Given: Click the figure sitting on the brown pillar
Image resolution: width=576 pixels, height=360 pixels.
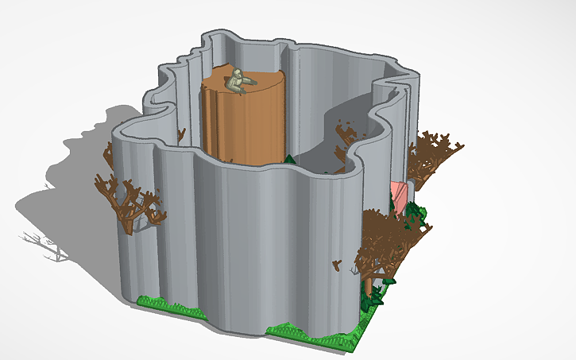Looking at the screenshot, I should pyautogui.click(x=238, y=81).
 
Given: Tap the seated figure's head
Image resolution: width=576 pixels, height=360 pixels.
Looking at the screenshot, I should pyautogui.click(x=237, y=73).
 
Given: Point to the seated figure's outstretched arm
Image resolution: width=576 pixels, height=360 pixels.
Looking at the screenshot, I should pyautogui.click(x=249, y=80).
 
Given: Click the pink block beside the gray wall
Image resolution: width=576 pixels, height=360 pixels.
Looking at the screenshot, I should pyautogui.click(x=398, y=195).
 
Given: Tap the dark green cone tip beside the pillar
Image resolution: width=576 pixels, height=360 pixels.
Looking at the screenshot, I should pyautogui.click(x=290, y=158).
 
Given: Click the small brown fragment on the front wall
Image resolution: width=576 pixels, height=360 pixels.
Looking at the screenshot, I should pyautogui.click(x=337, y=262).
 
